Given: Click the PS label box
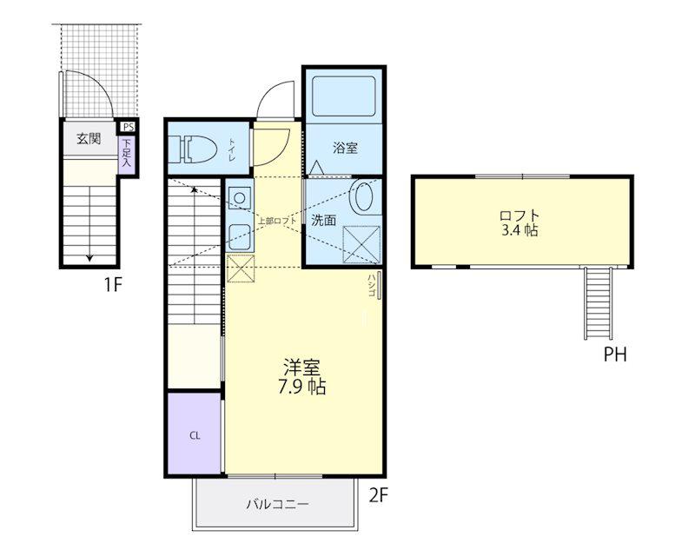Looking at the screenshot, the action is [128, 127].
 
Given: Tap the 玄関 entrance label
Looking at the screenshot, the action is [89, 139].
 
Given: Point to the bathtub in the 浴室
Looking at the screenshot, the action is [344, 96].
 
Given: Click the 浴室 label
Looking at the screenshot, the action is [345, 148].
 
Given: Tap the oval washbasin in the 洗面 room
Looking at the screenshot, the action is [363, 195].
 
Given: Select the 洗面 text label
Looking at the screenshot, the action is [323, 220].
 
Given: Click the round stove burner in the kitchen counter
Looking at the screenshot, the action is [240, 197].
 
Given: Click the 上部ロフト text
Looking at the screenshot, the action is [276, 221].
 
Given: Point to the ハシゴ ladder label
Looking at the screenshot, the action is [372, 285].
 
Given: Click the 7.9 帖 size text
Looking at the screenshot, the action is [301, 387].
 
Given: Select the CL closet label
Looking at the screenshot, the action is [195, 435].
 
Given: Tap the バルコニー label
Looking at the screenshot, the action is [277, 504].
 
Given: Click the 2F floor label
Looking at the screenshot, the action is [379, 495].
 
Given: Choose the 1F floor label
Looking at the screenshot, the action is [113, 284].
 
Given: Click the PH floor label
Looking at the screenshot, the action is [615, 355].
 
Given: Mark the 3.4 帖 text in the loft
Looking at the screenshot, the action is [520, 230].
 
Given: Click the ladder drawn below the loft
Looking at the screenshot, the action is [599, 303].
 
